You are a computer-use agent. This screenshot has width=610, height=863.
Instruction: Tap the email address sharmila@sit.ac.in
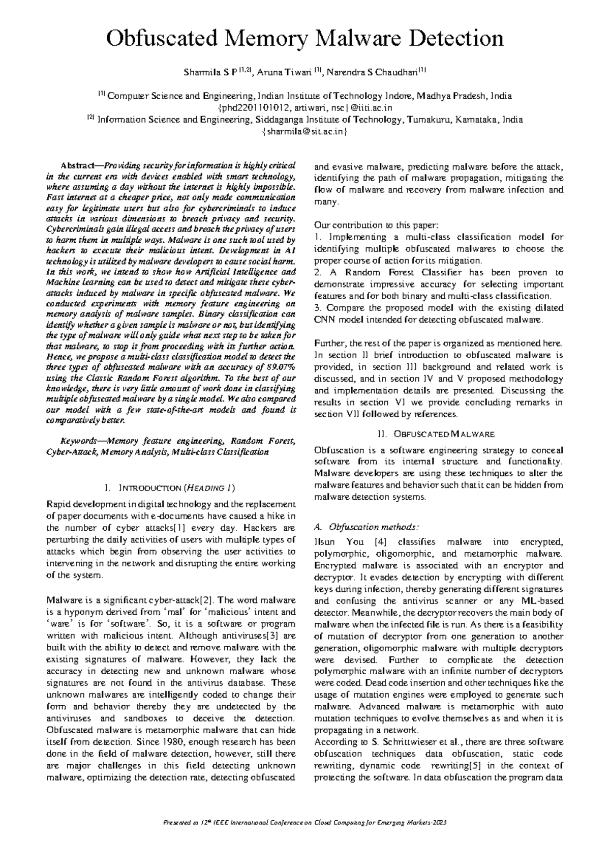click(x=305, y=132)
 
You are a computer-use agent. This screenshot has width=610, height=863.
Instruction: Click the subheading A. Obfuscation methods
click(x=367, y=527)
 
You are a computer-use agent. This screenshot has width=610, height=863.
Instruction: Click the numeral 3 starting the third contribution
click(x=317, y=308)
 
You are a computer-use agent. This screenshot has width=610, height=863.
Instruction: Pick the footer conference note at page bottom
click(x=305, y=823)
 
